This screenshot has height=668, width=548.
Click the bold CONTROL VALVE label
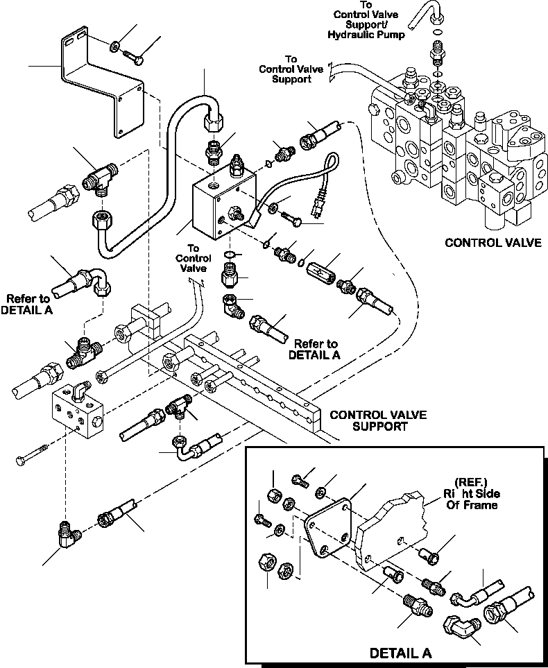[x=493, y=243]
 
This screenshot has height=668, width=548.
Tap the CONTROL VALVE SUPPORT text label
[x=378, y=421]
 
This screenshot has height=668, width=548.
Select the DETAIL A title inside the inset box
[x=400, y=653]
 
